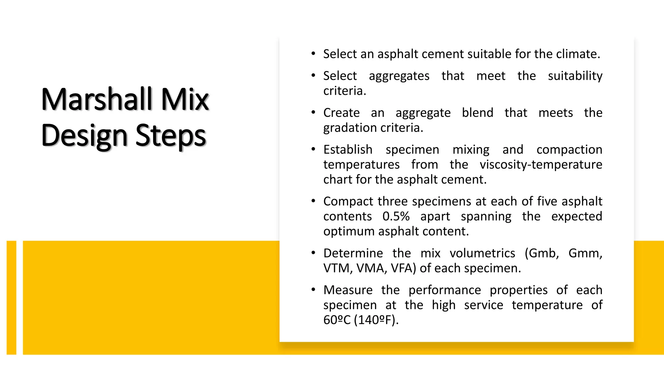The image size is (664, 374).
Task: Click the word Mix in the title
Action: click(x=185, y=99)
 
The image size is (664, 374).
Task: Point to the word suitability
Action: click(x=575, y=76)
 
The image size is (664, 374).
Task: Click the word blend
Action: click(x=477, y=113)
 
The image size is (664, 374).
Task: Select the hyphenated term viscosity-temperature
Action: click(x=541, y=165)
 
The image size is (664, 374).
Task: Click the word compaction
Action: click(x=569, y=150)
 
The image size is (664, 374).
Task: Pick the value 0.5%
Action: click(x=396, y=217)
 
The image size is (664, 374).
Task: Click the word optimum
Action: click(x=349, y=231)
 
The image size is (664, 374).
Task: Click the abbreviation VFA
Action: click(x=402, y=268)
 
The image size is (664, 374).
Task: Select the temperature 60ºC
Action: click(x=337, y=320)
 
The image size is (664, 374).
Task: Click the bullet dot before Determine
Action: click(x=313, y=253)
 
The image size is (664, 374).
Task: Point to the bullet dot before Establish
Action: click(x=313, y=149)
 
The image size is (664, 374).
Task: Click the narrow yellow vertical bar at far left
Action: click(x=11, y=297)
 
